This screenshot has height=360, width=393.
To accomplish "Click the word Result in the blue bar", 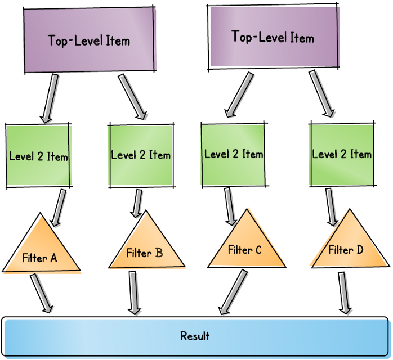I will coord(195,336).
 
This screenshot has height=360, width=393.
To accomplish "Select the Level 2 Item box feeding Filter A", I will coord(38,156).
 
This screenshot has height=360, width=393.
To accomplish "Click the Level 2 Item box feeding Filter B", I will coord(140,155).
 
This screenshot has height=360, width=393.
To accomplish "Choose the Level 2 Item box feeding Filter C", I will coord(233,154).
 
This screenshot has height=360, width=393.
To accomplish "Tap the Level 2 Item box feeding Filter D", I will coord(342,154).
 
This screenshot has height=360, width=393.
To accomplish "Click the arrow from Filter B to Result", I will coord(133,292).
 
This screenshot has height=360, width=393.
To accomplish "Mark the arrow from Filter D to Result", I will coord(343,292).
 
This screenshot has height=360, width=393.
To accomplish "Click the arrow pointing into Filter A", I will coord(57,208).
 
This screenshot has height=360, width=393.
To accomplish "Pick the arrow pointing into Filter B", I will coord(137,202).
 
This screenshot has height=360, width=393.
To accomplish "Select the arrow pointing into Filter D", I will coord(331,206).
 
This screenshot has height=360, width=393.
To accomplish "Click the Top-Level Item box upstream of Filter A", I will coord(89,40).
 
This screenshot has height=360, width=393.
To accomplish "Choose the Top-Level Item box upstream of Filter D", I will coord(273,38).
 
